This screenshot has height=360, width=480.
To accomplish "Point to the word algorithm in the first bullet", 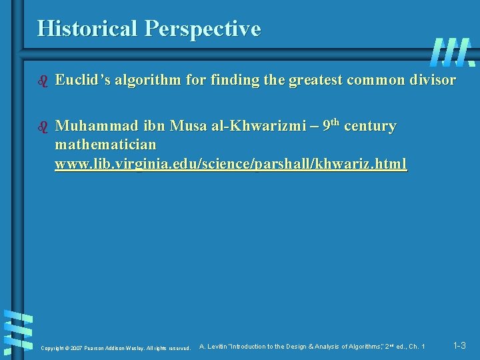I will (151, 81).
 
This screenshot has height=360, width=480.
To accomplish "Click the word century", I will (370, 126).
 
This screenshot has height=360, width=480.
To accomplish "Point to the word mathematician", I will (105, 144).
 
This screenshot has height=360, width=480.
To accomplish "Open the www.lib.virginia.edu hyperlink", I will (231, 163).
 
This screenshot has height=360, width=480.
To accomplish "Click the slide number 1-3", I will (459, 345).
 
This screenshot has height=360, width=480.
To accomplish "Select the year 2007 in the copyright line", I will (75, 348).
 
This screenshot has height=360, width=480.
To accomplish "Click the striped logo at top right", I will (452, 52).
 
